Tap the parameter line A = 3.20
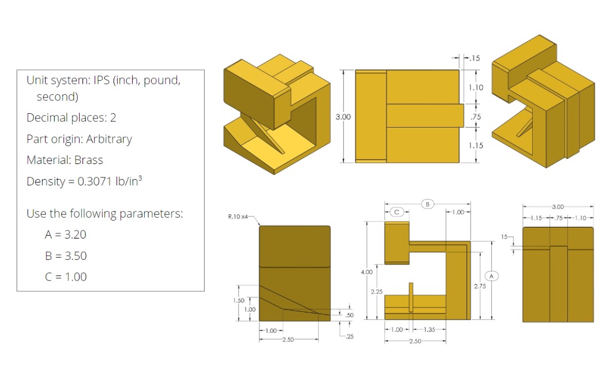65,234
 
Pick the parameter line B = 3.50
65,256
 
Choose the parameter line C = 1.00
65,277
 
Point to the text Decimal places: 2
71,118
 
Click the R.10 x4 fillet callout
239,217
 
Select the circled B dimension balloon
427,204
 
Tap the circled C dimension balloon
396,212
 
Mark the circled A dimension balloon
491,276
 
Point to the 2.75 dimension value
480,286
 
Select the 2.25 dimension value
376,292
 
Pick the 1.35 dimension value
428,329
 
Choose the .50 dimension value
349,315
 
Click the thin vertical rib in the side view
411,297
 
